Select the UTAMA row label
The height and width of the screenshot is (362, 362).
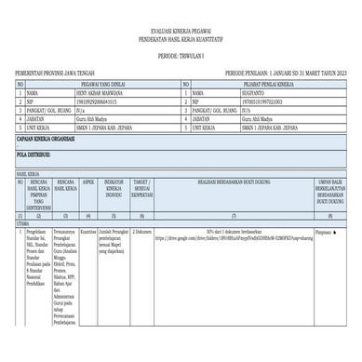[20, 222]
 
